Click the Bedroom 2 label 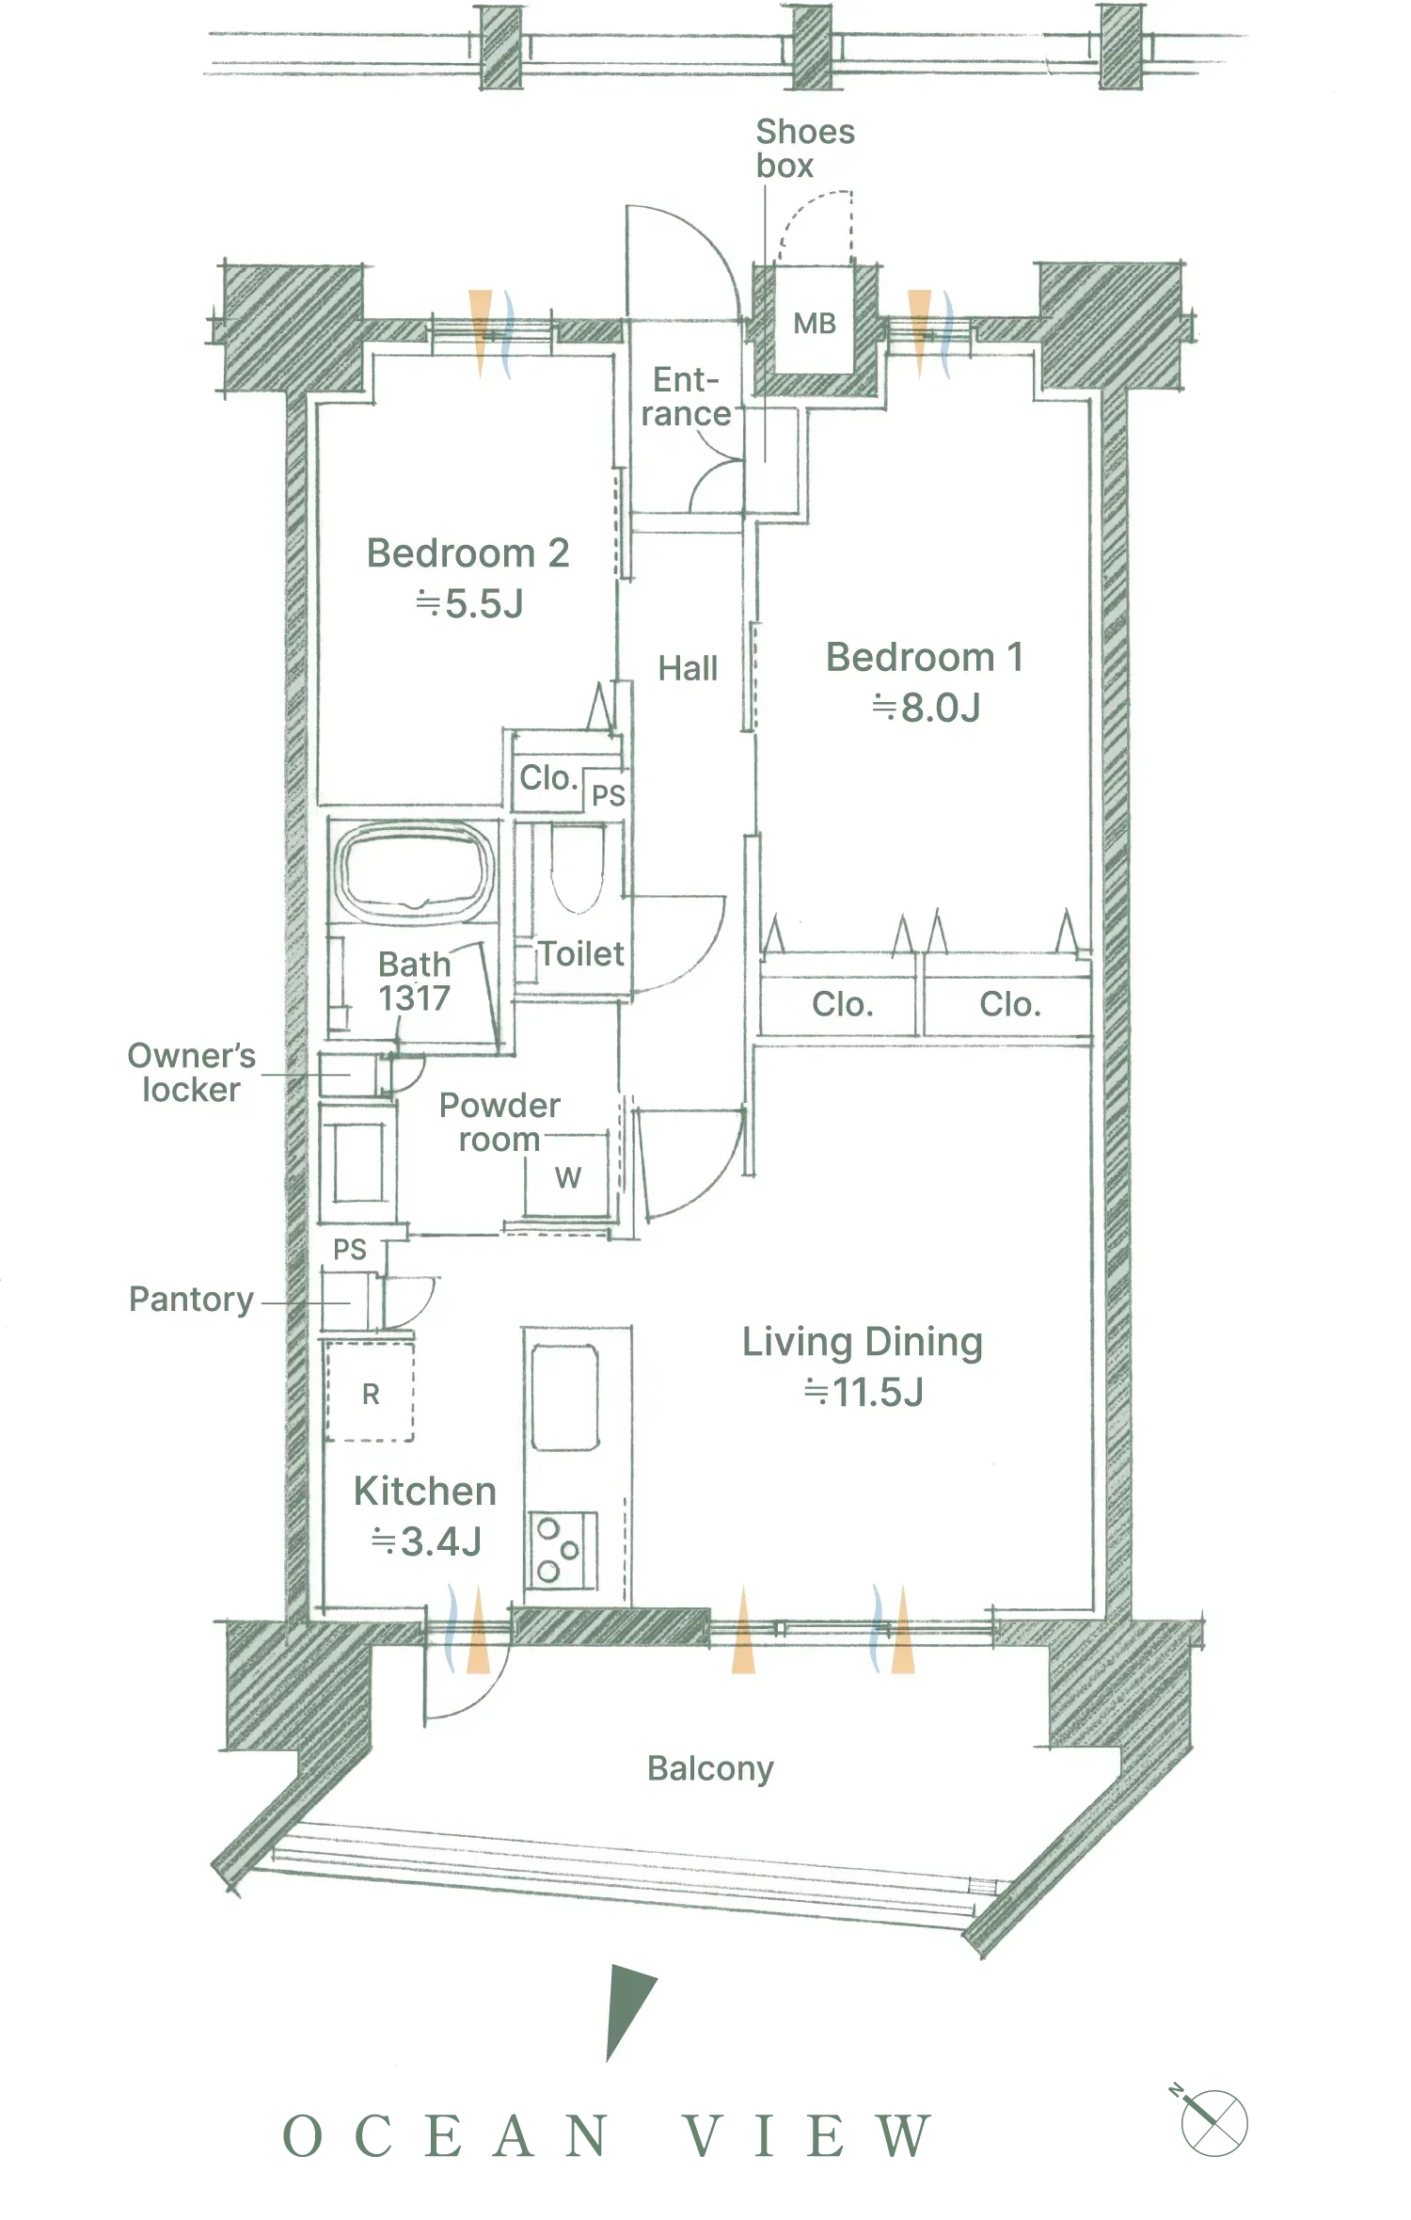pyautogui.click(x=468, y=553)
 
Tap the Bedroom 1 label pyautogui.click(x=925, y=657)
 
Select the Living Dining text pyautogui.click(x=863, y=1343)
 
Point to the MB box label pyautogui.click(x=815, y=324)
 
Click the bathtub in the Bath pyautogui.click(x=415, y=870)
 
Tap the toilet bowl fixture pyautogui.click(x=577, y=867)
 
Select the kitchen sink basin pyautogui.click(x=564, y=1397)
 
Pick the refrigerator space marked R pyautogui.click(x=370, y=1392)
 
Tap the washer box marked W pyautogui.click(x=567, y=1176)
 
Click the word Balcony pyautogui.click(x=710, y=1769)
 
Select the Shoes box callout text pyautogui.click(x=805, y=149)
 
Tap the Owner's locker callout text pyautogui.click(x=192, y=1073)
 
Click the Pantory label pyautogui.click(x=192, y=1300)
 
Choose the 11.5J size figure pyautogui.click(x=864, y=1393)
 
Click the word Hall pyautogui.click(x=688, y=669)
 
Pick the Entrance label pyautogui.click(x=687, y=397)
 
